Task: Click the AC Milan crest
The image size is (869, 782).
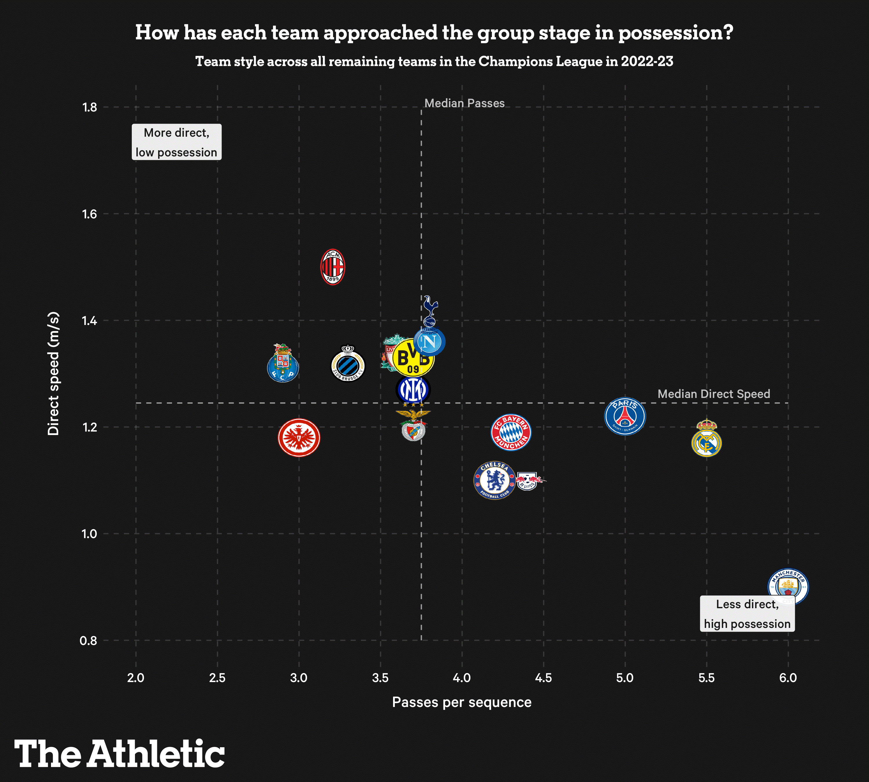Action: pyautogui.click(x=333, y=266)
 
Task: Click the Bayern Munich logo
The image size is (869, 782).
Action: pyautogui.click(x=511, y=432)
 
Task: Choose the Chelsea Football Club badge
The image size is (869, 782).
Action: pyautogui.click(x=494, y=480)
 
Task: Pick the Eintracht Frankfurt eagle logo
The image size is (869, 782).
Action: pyautogui.click(x=299, y=437)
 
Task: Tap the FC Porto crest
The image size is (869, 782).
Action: pyautogui.click(x=283, y=363)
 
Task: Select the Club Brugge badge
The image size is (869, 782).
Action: pyautogui.click(x=348, y=363)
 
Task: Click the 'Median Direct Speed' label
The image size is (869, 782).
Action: pyautogui.click(x=713, y=394)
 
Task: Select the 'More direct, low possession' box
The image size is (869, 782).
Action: pyautogui.click(x=177, y=142)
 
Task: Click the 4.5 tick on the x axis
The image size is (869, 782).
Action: pyautogui.click(x=543, y=678)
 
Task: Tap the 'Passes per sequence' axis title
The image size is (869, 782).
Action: pyautogui.click(x=461, y=702)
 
